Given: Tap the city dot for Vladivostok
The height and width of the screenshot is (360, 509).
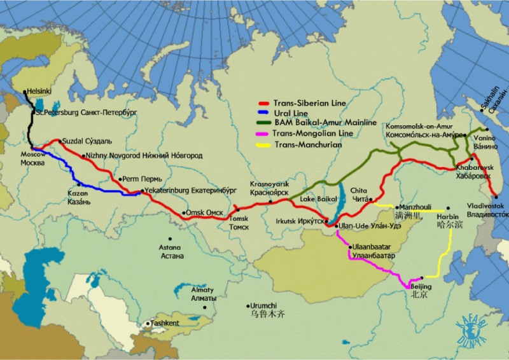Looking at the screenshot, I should (495, 197).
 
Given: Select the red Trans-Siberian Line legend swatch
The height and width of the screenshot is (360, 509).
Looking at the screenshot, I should (264, 103).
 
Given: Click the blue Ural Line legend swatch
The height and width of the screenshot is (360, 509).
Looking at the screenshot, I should (264, 113).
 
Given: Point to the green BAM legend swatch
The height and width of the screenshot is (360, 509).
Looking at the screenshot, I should (264, 122).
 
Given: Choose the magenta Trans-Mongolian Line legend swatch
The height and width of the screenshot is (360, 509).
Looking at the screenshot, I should (264, 133).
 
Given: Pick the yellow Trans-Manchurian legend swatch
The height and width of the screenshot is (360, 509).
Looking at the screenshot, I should (264, 144).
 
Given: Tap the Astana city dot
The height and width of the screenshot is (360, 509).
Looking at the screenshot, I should (162, 240).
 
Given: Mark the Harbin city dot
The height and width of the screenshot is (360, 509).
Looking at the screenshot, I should (448, 209).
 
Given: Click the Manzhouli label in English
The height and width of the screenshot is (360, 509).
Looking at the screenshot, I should (415, 207).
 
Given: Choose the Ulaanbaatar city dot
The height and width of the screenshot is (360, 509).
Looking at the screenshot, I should (350, 246).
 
